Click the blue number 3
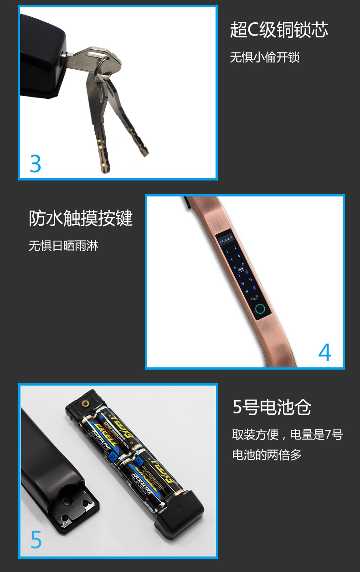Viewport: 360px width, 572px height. [36, 164]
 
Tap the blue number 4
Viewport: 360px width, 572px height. [324, 352]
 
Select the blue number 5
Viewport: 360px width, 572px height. [36, 540]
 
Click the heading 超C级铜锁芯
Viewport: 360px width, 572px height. [279, 31]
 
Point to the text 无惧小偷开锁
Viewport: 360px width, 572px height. [264, 57]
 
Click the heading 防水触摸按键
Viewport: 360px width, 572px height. [81, 218]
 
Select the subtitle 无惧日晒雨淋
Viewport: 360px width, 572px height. [63, 246]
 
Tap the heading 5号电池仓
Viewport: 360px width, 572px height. [272, 407]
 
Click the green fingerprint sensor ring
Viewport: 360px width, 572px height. [260, 309]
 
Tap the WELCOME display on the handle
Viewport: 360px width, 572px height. [226, 238]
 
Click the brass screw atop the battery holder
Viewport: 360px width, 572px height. [84, 402]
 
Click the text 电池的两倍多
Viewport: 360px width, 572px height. [267, 454]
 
